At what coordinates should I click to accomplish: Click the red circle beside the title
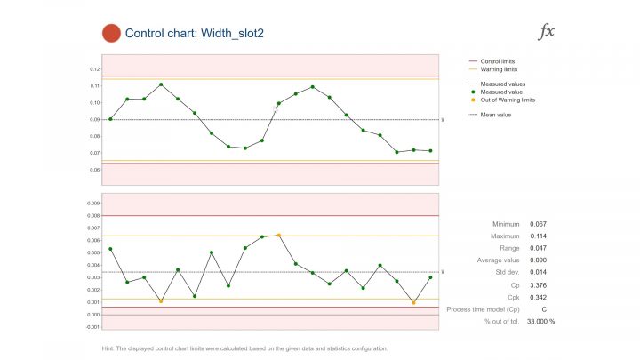click(111, 34)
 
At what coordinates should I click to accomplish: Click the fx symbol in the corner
click(548, 32)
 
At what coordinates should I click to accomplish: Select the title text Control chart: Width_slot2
click(195, 34)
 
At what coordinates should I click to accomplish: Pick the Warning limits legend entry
click(498, 68)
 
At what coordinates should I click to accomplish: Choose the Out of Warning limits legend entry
click(508, 100)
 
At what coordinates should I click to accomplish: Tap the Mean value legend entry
click(495, 114)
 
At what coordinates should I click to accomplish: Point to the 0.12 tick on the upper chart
click(95, 68)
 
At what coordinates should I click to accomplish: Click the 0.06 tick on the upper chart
click(95, 169)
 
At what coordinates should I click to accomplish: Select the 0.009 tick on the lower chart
click(93, 203)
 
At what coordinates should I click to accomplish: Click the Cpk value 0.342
click(538, 295)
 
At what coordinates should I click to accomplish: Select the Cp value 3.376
click(538, 284)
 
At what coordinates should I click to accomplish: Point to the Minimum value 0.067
click(538, 224)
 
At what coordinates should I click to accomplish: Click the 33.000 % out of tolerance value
click(540, 321)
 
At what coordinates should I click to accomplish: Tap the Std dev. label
click(507, 272)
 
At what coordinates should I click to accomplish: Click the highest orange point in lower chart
click(279, 236)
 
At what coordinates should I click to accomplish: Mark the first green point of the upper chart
click(110, 119)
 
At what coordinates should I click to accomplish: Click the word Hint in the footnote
click(110, 348)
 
